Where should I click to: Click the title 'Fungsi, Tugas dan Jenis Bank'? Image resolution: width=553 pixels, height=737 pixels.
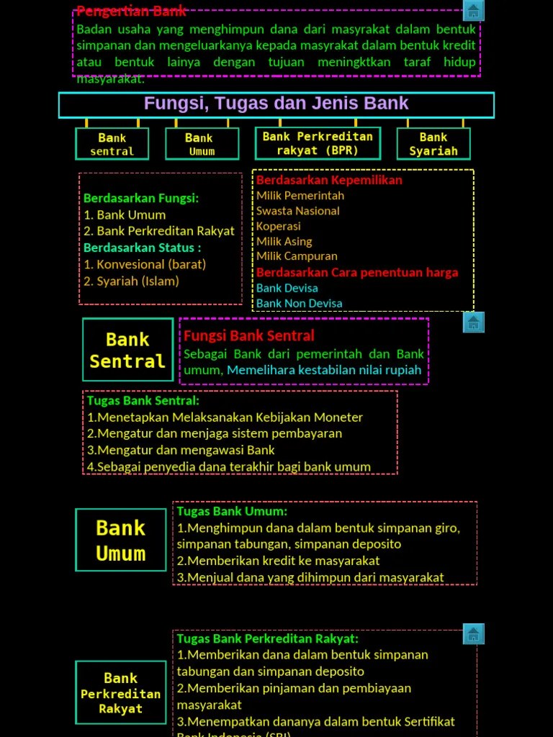pyautogui.click(x=276, y=104)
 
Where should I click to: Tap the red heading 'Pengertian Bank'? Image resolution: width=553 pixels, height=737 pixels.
pyautogui.click(x=131, y=11)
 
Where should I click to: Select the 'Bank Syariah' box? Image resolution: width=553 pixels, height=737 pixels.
pyautogui.click(x=433, y=144)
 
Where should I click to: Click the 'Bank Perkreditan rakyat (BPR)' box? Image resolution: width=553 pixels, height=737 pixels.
pyautogui.click(x=318, y=143)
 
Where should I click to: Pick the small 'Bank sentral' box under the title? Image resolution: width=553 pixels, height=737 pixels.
pyautogui.click(x=112, y=144)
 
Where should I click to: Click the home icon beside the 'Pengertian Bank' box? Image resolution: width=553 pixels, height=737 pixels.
pyautogui.click(x=473, y=11)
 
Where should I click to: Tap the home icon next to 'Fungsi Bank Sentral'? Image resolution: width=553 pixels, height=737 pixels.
pyautogui.click(x=473, y=322)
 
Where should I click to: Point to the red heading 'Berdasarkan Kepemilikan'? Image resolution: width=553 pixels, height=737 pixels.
pyautogui.click(x=329, y=180)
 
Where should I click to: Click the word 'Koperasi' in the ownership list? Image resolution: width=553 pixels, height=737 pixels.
pyautogui.click(x=279, y=226)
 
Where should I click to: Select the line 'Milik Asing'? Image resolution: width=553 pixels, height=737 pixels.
pyautogui.click(x=284, y=241)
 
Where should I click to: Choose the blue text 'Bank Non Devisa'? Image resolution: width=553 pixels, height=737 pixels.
pyautogui.click(x=299, y=303)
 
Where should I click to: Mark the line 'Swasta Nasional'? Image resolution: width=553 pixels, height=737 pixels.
pyautogui.click(x=298, y=211)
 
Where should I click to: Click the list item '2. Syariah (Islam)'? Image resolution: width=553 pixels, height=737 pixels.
pyautogui.click(x=131, y=281)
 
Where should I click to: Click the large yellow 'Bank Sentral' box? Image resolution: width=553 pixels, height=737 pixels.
pyautogui.click(x=127, y=350)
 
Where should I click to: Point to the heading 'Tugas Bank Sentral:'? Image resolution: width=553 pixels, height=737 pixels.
pyautogui.click(x=143, y=400)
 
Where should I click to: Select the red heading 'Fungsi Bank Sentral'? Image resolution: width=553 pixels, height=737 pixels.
pyautogui.click(x=249, y=335)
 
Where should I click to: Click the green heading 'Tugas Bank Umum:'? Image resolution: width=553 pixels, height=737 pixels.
pyautogui.click(x=232, y=511)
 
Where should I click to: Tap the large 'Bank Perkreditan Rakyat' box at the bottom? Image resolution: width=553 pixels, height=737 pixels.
pyautogui.click(x=120, y=692)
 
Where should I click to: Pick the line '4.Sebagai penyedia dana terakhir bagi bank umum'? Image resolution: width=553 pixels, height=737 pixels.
pyautogui.click(x=229, y=466)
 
